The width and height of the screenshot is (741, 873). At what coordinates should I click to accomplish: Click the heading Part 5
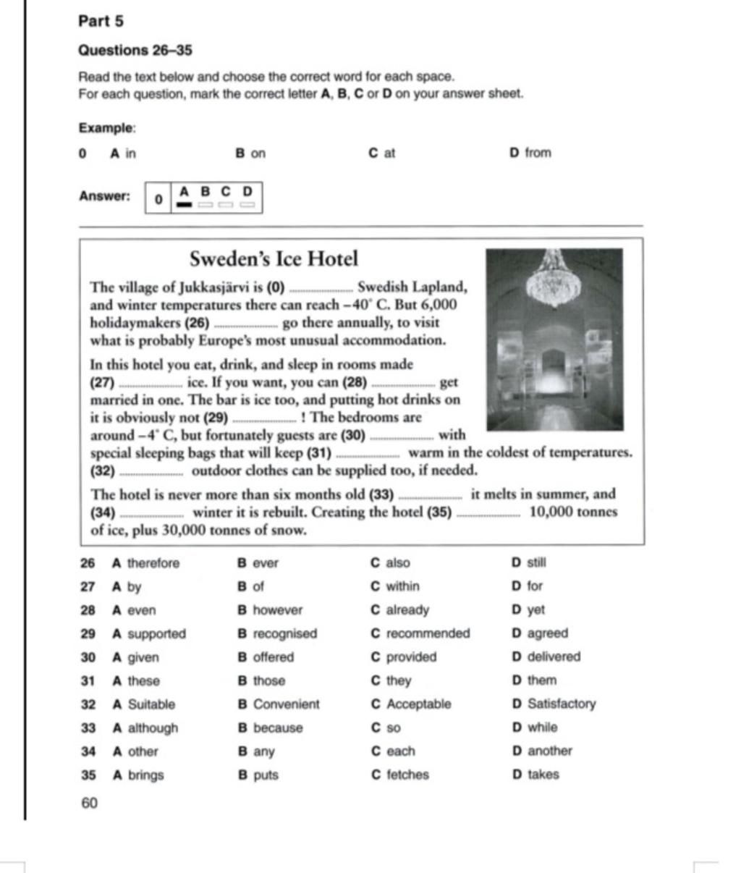click(x=101, y=21)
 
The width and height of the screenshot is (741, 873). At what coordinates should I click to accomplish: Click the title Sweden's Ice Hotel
click(x=274, y=258)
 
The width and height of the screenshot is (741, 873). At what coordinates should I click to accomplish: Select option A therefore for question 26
click(x=145, y=563)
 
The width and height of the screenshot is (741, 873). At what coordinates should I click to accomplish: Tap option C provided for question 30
click(x=404, y=657)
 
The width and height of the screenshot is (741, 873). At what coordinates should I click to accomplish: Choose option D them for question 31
click(x=534, y=680)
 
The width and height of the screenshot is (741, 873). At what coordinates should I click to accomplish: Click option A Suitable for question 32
click(x=144, y=704)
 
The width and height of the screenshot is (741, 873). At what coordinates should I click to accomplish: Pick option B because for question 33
click(x=270, y=728)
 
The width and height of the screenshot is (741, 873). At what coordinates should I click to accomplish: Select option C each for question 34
click(x=393, y=751)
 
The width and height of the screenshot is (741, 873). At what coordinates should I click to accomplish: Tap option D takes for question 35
click(x=535, y=775)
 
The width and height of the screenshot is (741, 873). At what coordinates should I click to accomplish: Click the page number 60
click(x=89, y=803)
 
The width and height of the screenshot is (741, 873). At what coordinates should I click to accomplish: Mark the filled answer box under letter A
click(x=185, y=205)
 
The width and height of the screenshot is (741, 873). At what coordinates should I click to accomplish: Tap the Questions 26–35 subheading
click(x=135, y=51)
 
